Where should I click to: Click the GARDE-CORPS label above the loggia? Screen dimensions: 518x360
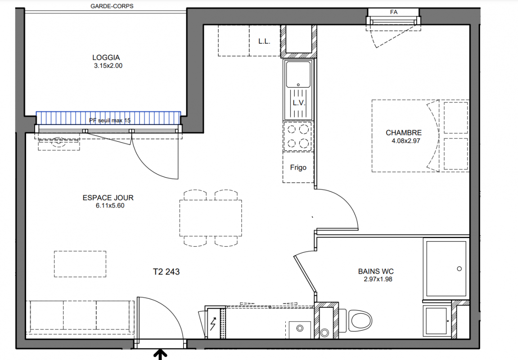pyautogui.click(x=112, y=6)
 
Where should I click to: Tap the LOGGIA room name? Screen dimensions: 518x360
pyautogui.click(x=106, y=58)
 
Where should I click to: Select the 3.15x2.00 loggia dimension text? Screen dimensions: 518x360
pyautogui.click(x=108, y=66)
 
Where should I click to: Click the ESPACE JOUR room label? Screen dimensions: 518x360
pyautogui.click(x=108, y=198)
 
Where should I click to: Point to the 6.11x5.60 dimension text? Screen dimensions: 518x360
pyautogui.click(x=110, y=206)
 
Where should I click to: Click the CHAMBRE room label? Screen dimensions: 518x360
pyautogui.click(x=404, y=133)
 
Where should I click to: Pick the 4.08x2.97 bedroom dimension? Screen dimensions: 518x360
pyautogui.click(x=405, y=141)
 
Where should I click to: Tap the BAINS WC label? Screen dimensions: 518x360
pyautogui.click(x=376, y=271)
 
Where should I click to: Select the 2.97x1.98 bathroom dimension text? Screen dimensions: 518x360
pyautogui.click(x=378, y=279)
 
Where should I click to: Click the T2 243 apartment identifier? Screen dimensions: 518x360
pyautogui.click(x=166, y=272)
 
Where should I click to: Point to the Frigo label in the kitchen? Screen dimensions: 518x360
pyautogui.click(x=298, y=167)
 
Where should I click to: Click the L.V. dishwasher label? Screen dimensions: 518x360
pyautogui.click(x=299, y=103)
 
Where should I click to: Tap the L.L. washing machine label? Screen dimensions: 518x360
pyautogui.click(x=264, y=41)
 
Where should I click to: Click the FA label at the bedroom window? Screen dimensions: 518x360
pyautogui.click(x=394, y=12)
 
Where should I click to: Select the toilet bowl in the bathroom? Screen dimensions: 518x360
pyautogui.click(x=360, y=320)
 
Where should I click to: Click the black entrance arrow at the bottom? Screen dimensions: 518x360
pyautogui.click(x=161, y=355)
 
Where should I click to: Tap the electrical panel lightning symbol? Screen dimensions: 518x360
pyautogui.click(x=213, y=324)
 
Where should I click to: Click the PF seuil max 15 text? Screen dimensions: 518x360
pyautogui.click(x=110, y=121)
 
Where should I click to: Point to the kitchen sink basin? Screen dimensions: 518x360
pyautogui.click(x=298, y=75)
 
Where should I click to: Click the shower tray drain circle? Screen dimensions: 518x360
pyautogui.click(x=459, y=269)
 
